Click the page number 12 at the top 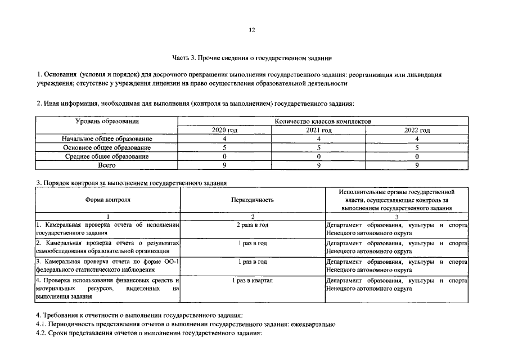point(252,30)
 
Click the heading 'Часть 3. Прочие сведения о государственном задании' point(252,57)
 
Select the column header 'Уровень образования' point(107,121)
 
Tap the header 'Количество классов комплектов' point(323,121)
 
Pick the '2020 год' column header point(224,130)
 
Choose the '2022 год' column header point(417,130)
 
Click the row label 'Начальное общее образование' point(107,138)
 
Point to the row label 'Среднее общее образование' point(107,156)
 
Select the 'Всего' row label point(107,165)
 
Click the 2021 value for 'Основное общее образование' point(318,147)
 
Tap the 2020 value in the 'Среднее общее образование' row point(224,156)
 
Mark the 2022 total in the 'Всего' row point(417,165)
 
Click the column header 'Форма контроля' point(108,200)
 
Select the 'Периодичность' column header point(252,200)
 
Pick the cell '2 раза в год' point(252,225)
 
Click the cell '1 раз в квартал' point(252,280)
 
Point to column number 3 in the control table point(397,217)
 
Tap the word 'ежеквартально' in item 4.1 point(313,325)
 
